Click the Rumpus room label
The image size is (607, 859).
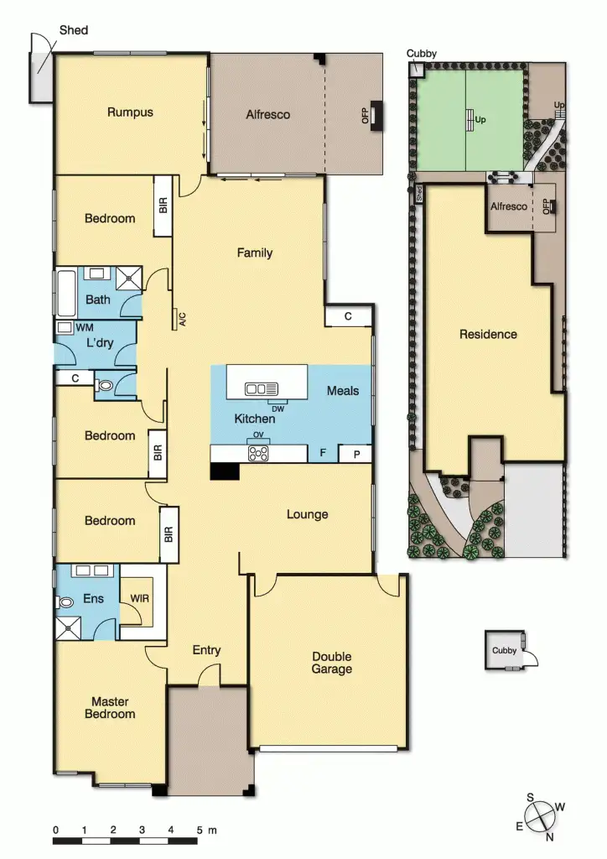pyautogui.click(x=130, y=112)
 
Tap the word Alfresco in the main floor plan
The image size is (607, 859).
pyautogui.click(x=267, y=114)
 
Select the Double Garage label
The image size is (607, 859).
pyautogui.click(x=332, y=663)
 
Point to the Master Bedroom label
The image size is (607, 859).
pyautogui.click(x=113, y=707)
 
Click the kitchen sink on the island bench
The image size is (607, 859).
pyautogui.click(x=261, y=388)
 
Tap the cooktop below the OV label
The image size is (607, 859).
pyautogui.click(x=258, y=453)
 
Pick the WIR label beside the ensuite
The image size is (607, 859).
pyautogui.click(x=140, y=599)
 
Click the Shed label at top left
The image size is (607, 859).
pyautogui.click(x=73, y=30)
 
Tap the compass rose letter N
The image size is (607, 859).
pyautogui.click(x=548, y=836)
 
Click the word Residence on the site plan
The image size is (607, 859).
pyautogui.click(x=488, y=334)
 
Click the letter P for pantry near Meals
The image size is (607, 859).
pyautogui.click(x=355, y=454)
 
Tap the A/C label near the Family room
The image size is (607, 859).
pyautogui.click(x=181, y=318)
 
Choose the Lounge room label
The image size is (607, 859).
pyautogui.click(x=307, y=514)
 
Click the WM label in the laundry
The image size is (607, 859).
pyautogui.click(x=84, y=326)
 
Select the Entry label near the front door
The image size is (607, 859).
pyautogui.click(x=206, y=650)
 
